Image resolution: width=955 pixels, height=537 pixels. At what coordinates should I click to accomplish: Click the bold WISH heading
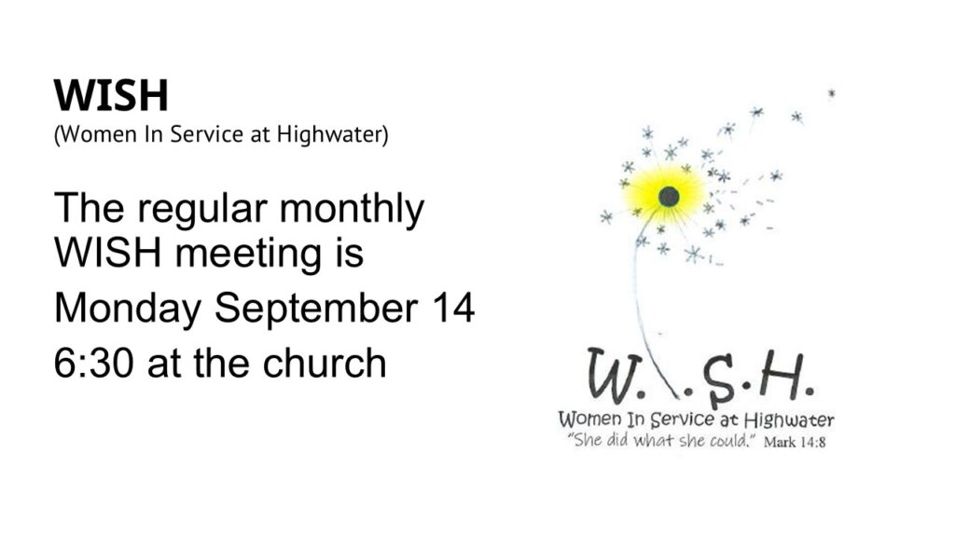click(x=111, y=96)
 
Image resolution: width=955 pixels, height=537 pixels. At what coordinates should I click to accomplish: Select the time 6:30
click(x=93, y=364)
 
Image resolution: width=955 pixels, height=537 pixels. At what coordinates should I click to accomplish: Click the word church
click(x=324, y=363)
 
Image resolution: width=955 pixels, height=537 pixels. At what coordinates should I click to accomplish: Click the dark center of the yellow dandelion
click(x=669, y=197)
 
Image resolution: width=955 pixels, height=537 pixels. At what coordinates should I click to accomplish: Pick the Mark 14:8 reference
click(x=795, y=442)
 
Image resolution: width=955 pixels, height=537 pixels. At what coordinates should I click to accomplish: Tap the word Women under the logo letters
click(x=590, y=420)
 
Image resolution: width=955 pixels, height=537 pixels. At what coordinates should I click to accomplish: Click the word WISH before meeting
click(x=108, y=254)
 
